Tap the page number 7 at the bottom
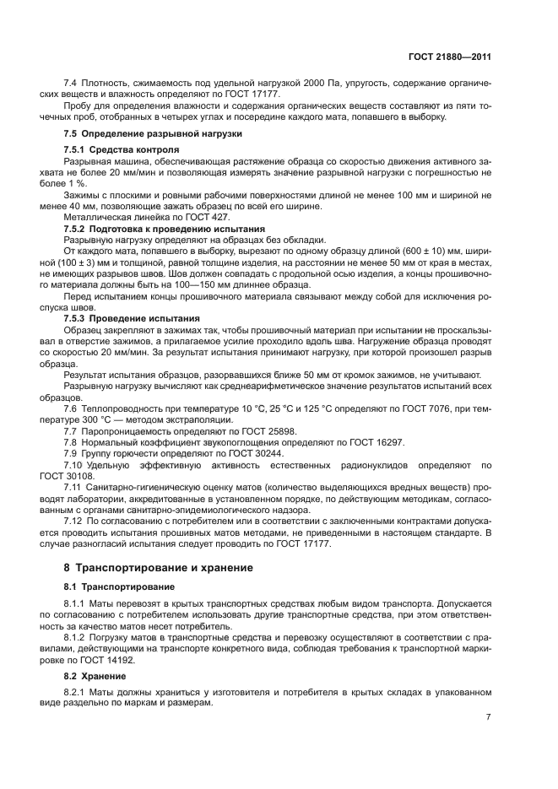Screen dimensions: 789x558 point(488,716)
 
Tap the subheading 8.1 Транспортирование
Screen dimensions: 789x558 point(119,586)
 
